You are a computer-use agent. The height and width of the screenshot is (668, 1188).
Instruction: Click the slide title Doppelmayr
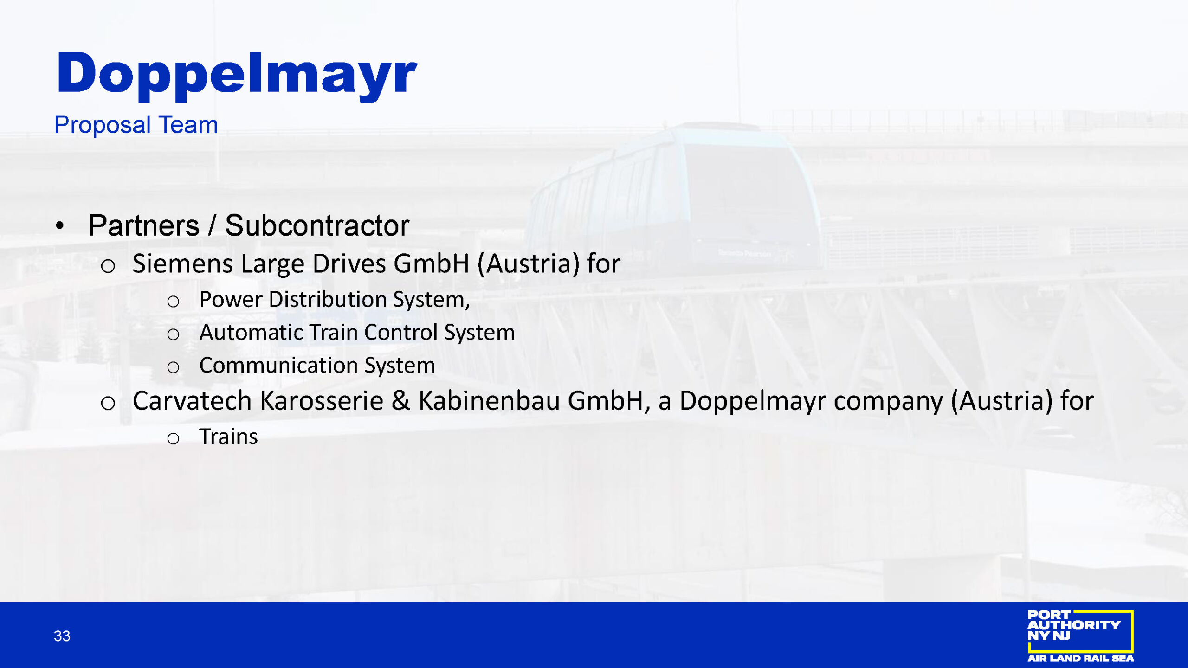click(x=237, y=76)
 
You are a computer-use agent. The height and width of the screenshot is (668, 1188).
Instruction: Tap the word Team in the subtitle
click(x=188, y=125)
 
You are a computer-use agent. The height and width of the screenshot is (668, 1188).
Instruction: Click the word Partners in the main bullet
click(x=144, y=225)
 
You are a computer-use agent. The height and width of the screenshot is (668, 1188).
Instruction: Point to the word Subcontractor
click(x=317, y=225)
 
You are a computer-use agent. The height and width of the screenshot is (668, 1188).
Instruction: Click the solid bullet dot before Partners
click(x=59, y=226)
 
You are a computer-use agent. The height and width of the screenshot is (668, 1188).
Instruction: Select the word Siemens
click(x=182, y=263)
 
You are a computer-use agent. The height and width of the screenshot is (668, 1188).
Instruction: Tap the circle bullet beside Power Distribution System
click(x=173, y=302)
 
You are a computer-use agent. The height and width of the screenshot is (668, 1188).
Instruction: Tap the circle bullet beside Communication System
click(x=173, y=367)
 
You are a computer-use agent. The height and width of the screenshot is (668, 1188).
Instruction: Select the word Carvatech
click(x=192, y=400)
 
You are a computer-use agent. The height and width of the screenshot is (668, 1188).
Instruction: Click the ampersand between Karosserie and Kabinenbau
click(x=400, y=400)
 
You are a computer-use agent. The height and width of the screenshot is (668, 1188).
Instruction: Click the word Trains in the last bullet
click(x=228, y=437)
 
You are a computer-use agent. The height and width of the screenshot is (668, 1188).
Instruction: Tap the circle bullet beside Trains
click(x=173, y=438)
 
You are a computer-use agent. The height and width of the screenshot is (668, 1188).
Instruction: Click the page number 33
click(x=62, y=636)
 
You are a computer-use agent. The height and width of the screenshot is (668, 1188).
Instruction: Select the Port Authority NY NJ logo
click(x=1080, y=636)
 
